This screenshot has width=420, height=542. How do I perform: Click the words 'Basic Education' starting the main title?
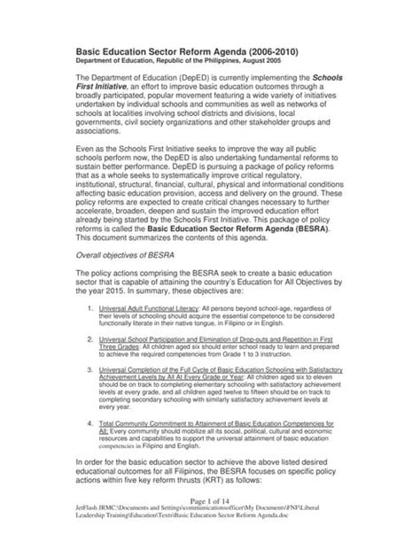tap(114, 52)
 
